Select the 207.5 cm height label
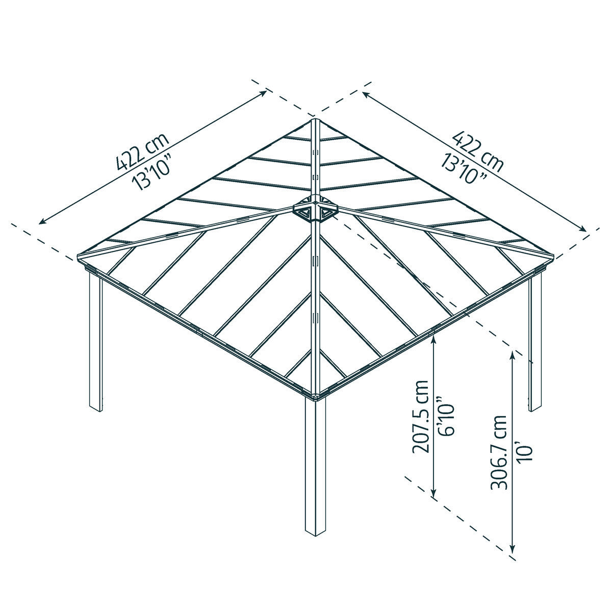click(x=420, y=417)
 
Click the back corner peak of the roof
click(x=315, y=121)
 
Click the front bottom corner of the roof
click(x=315, y=396)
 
